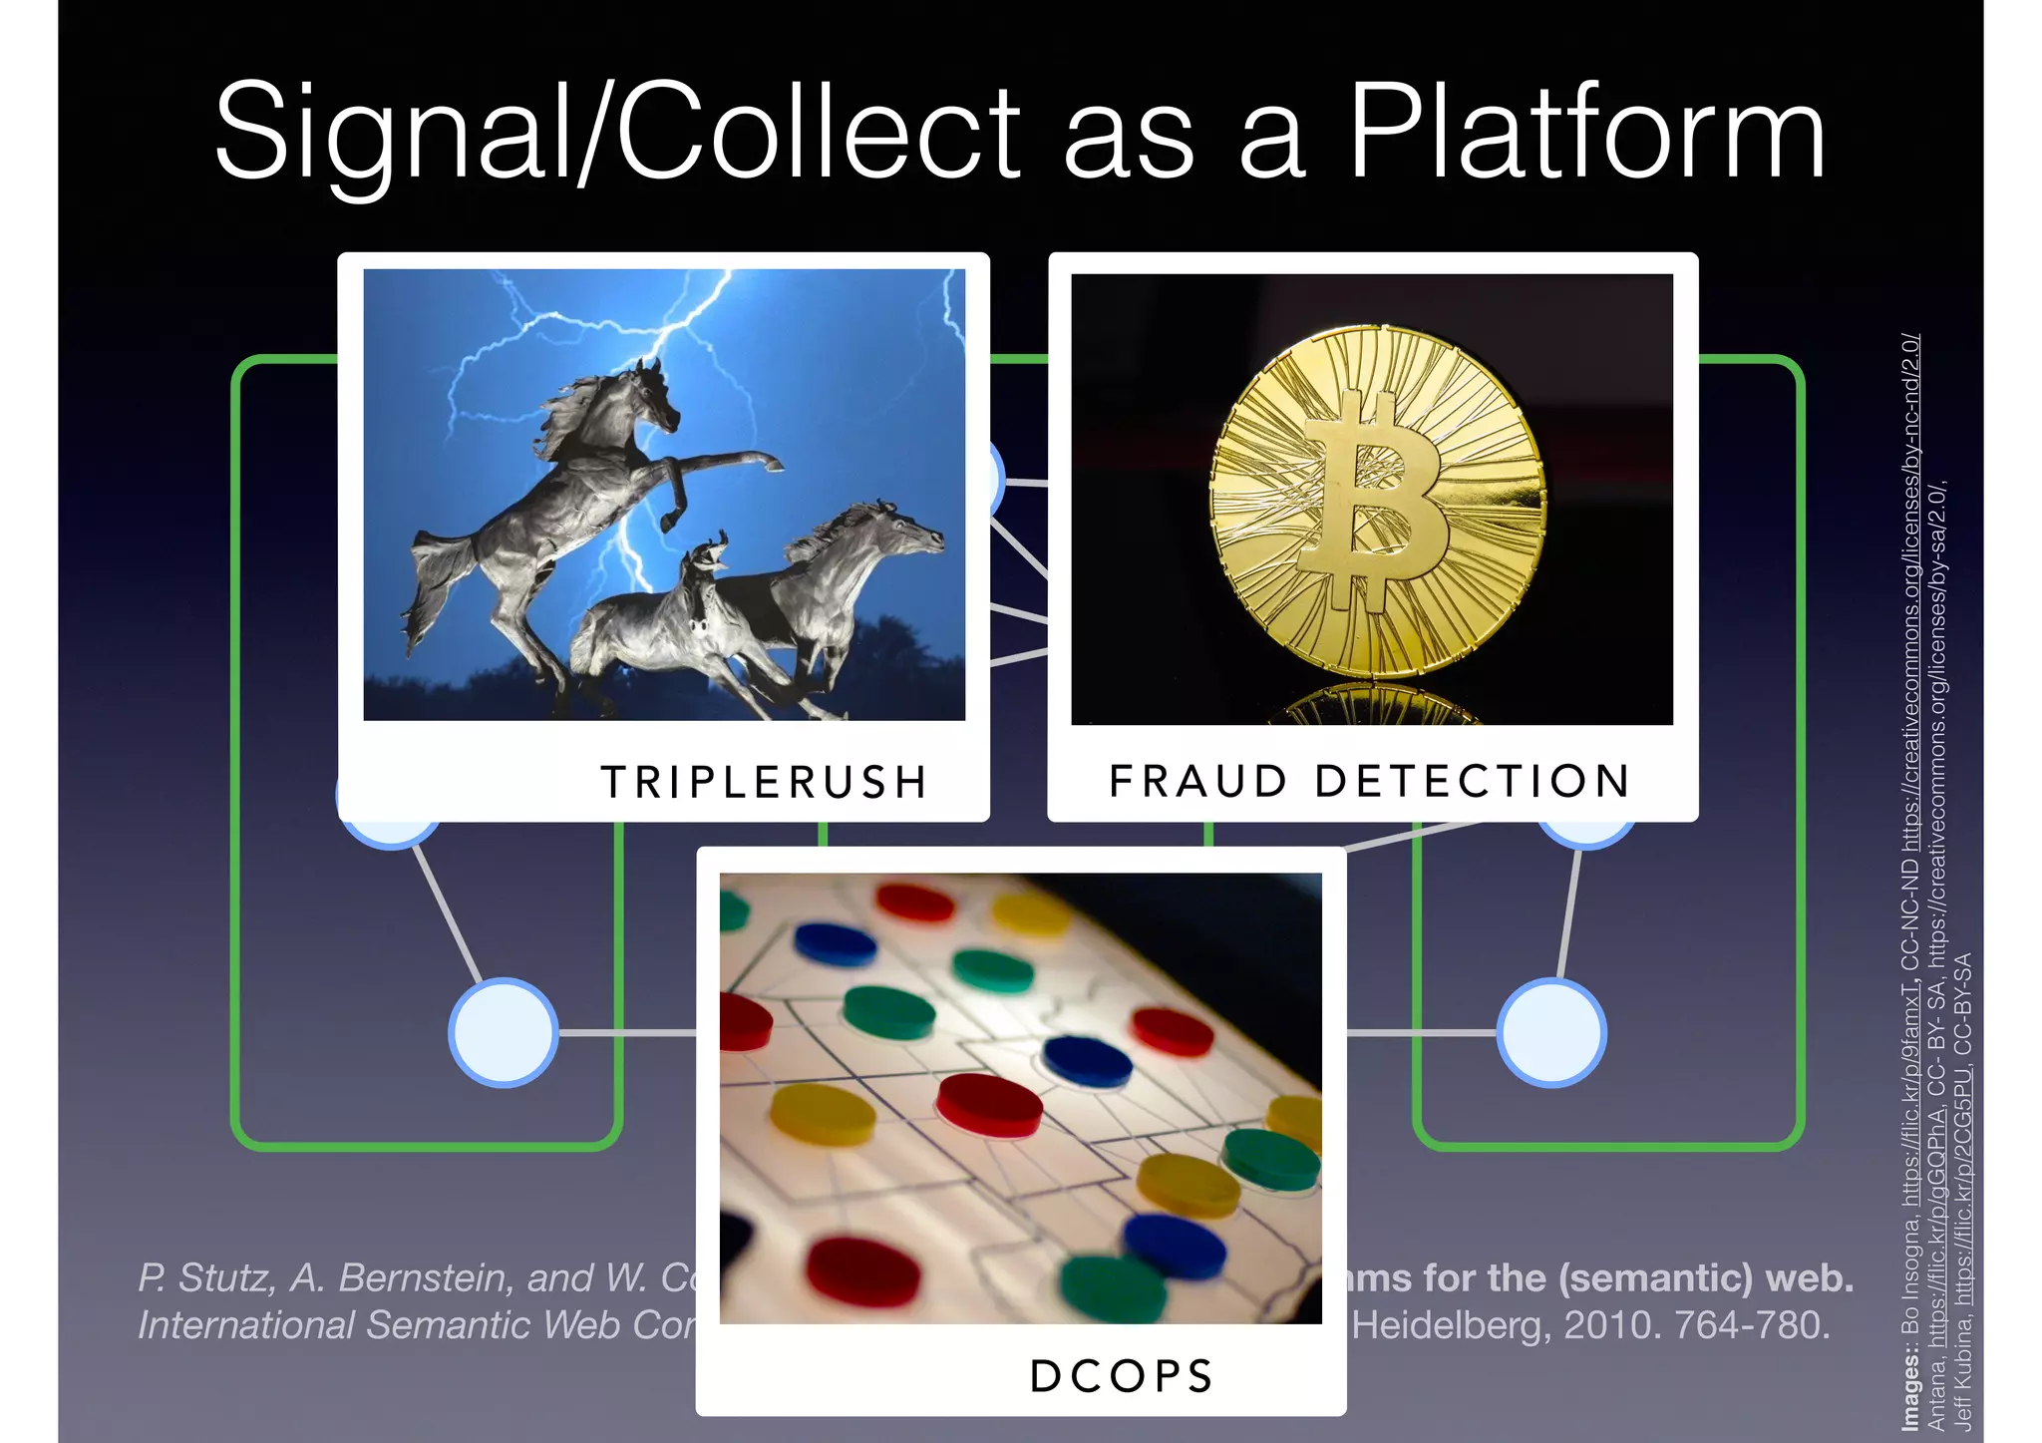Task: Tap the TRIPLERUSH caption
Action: (764, 782)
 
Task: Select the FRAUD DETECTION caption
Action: (1370, 781)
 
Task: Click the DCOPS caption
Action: (1122, 1376)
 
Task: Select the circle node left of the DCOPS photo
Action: (504, 1033)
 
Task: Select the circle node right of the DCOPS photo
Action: (1551, 1033)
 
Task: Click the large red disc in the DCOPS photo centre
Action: (989, 1105)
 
